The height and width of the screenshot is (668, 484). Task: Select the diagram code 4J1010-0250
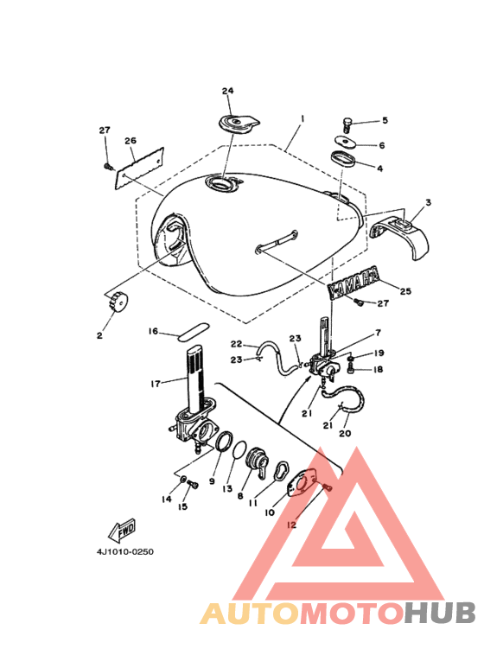124,553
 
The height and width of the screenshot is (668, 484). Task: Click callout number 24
227,91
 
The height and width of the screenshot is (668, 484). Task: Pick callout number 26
131,141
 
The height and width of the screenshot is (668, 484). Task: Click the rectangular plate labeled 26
142,167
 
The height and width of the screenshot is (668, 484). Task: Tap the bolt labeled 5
347,124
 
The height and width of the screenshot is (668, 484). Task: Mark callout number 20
346,434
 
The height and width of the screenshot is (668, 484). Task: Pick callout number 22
236,344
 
